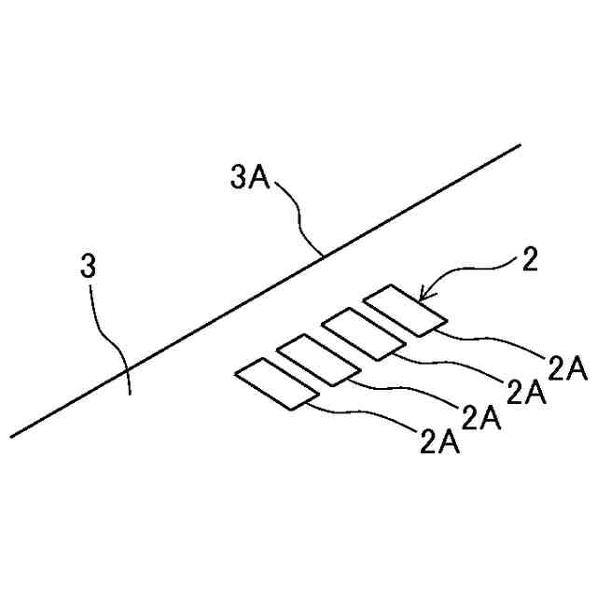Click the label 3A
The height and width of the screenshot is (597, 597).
point(249,176)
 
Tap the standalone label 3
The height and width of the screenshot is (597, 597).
point(89,268)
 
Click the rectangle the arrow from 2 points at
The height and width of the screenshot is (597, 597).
point(404,311)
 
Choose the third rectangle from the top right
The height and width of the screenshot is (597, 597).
point(318,359)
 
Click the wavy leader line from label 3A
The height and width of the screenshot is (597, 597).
point(298,216)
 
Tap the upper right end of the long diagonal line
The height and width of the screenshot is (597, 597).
point(518,146)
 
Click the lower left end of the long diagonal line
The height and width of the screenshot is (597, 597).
point(12,436)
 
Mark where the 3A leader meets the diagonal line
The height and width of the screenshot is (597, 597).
point(322,255)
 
